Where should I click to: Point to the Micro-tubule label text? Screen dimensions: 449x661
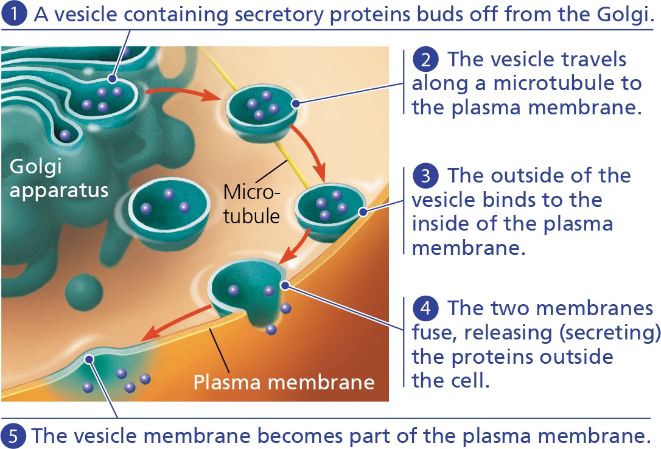click(x=251, y=203)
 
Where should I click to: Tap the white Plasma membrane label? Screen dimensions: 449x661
click(x=284, y=382)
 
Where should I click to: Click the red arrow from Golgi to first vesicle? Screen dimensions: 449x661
click(x=183, y=93)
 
